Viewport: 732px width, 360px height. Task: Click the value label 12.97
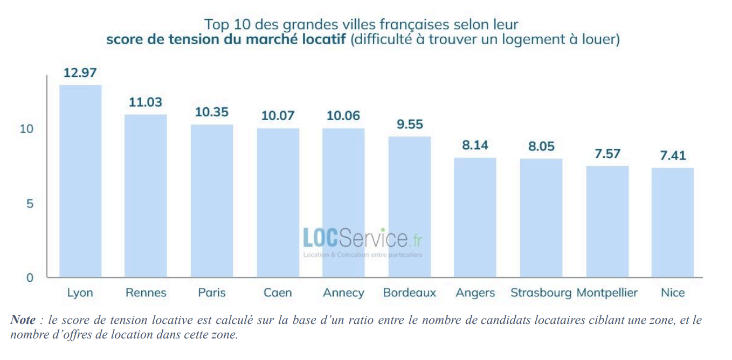(x=80, y=73)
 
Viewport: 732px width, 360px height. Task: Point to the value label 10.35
(x=212, y=112)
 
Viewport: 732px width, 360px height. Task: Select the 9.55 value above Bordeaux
(x=409, y=124)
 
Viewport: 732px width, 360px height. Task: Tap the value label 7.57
(x=607, y=154)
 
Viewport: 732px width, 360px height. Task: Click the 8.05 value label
(x=541, y=146)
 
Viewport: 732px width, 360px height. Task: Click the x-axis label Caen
(x=278, y=293)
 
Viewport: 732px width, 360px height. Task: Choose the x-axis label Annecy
(x=343, y=293)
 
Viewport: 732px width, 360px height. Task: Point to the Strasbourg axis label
(x=541, y=293)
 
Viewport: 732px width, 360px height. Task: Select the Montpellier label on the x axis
(x=607, y=293)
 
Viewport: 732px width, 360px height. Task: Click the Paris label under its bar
(x=212, y=293)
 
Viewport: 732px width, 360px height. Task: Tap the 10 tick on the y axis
(x=26, y=129)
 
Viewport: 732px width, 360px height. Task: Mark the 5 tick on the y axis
(x=30, y=204)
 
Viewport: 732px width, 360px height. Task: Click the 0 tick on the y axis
(x=30, y=278)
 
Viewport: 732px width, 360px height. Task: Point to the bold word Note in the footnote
(x=23, y=320)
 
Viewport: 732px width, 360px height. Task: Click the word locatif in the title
(x=320, y=40)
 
